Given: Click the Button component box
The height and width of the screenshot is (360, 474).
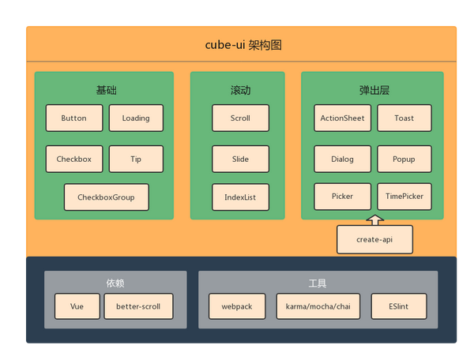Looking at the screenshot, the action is click(x=74, y=118).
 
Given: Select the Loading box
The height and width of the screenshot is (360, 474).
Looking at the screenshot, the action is click(x=136, y=118).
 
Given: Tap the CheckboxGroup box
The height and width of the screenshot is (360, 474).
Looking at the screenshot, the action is click(x=107, y=197).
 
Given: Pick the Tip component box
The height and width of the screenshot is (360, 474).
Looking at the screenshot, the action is click(x=136, y=159).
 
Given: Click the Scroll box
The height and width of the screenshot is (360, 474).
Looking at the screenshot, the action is click(x=241, y=118).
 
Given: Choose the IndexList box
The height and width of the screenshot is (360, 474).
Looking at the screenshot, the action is click(x=241, y=197).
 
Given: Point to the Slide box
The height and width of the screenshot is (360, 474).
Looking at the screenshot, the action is click(x=241, y=159).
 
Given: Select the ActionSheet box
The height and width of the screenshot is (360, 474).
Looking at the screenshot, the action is click(x=343, y=118).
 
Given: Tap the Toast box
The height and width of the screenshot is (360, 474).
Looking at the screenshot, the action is click(x=404, y=118).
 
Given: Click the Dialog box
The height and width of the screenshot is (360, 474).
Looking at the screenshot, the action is click(x=343, y=159).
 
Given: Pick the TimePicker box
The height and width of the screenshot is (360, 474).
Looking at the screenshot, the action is click(x=404, y=197).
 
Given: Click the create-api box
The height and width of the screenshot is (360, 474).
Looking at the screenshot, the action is click(x=374, y=239).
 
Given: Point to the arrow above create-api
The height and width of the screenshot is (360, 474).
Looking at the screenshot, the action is click(x=374, y=220).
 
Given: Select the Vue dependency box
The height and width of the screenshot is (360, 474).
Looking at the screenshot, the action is click(x=77, y=306).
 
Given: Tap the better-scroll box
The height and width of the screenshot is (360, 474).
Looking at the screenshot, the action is click(x=138, y=306).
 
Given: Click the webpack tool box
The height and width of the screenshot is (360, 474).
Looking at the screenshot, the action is click(x=237, y=306).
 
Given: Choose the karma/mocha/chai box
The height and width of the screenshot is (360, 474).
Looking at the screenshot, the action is click(x=318, y=306).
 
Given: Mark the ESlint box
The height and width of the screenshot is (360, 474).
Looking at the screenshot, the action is click(x=399, y=306).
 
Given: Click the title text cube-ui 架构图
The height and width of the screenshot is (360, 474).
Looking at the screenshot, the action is click(x=243, y=45).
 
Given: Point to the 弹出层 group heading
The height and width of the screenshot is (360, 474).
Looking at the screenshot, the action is click(x=374, y=90).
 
